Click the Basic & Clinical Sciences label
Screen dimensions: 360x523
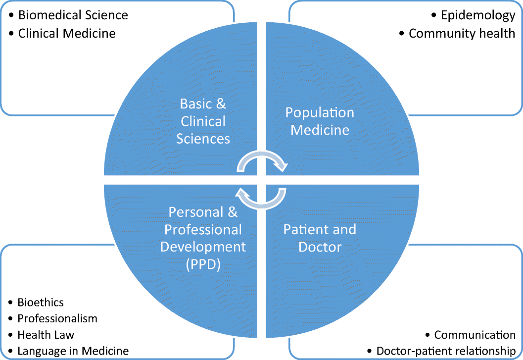(x=203, y=121)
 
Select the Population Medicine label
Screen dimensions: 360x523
(x=320, y=121)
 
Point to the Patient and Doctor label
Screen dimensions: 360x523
(x=320, y=238)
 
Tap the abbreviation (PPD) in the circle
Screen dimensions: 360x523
(x=203, y=264)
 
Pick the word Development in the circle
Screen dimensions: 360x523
(x=203, y=247)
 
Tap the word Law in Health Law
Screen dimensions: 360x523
(x=65, y=334)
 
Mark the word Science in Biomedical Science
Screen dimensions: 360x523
(x=105, y=15)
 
